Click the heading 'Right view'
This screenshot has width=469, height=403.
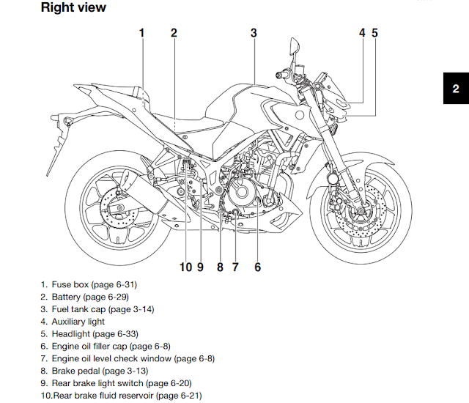point(73,8)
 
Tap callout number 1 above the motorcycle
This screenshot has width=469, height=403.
point(142,32)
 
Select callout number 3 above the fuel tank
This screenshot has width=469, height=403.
point(254,32)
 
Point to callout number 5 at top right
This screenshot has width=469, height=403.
point(374,32)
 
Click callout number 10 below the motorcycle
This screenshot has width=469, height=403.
point(185,267)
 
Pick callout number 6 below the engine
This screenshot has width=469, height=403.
point(257,267)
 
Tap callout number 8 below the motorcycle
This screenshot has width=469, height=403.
point(220,267)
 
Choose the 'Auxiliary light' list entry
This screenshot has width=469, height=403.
point(78,322)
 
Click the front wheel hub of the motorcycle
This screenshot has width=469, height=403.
point(359,212)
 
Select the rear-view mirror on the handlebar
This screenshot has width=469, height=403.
point(295,51)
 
